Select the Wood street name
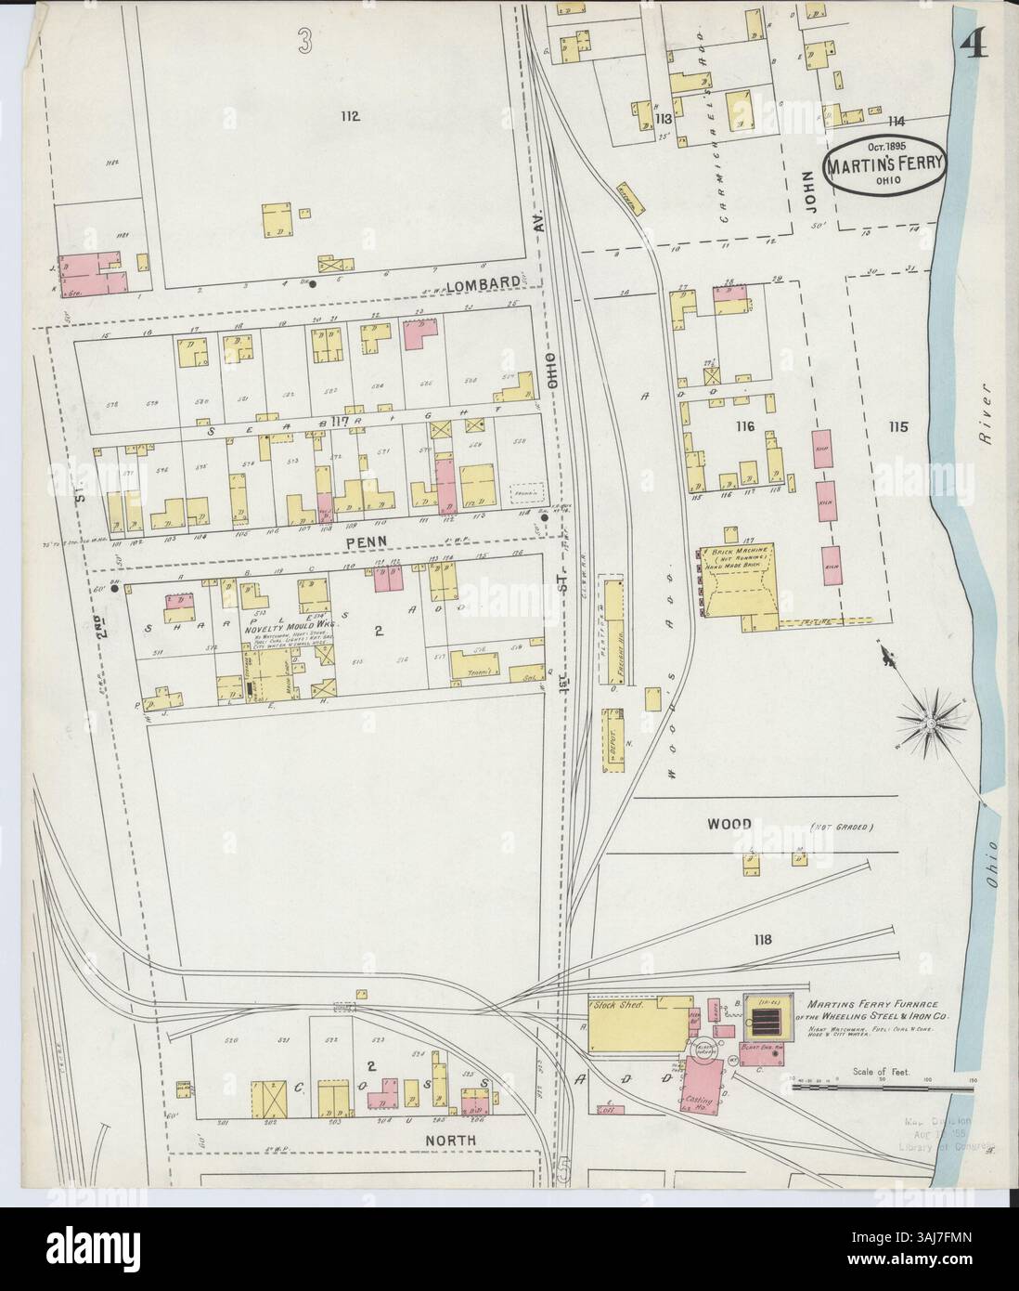[x=730, y=824]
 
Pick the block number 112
[x=349, y=116]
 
